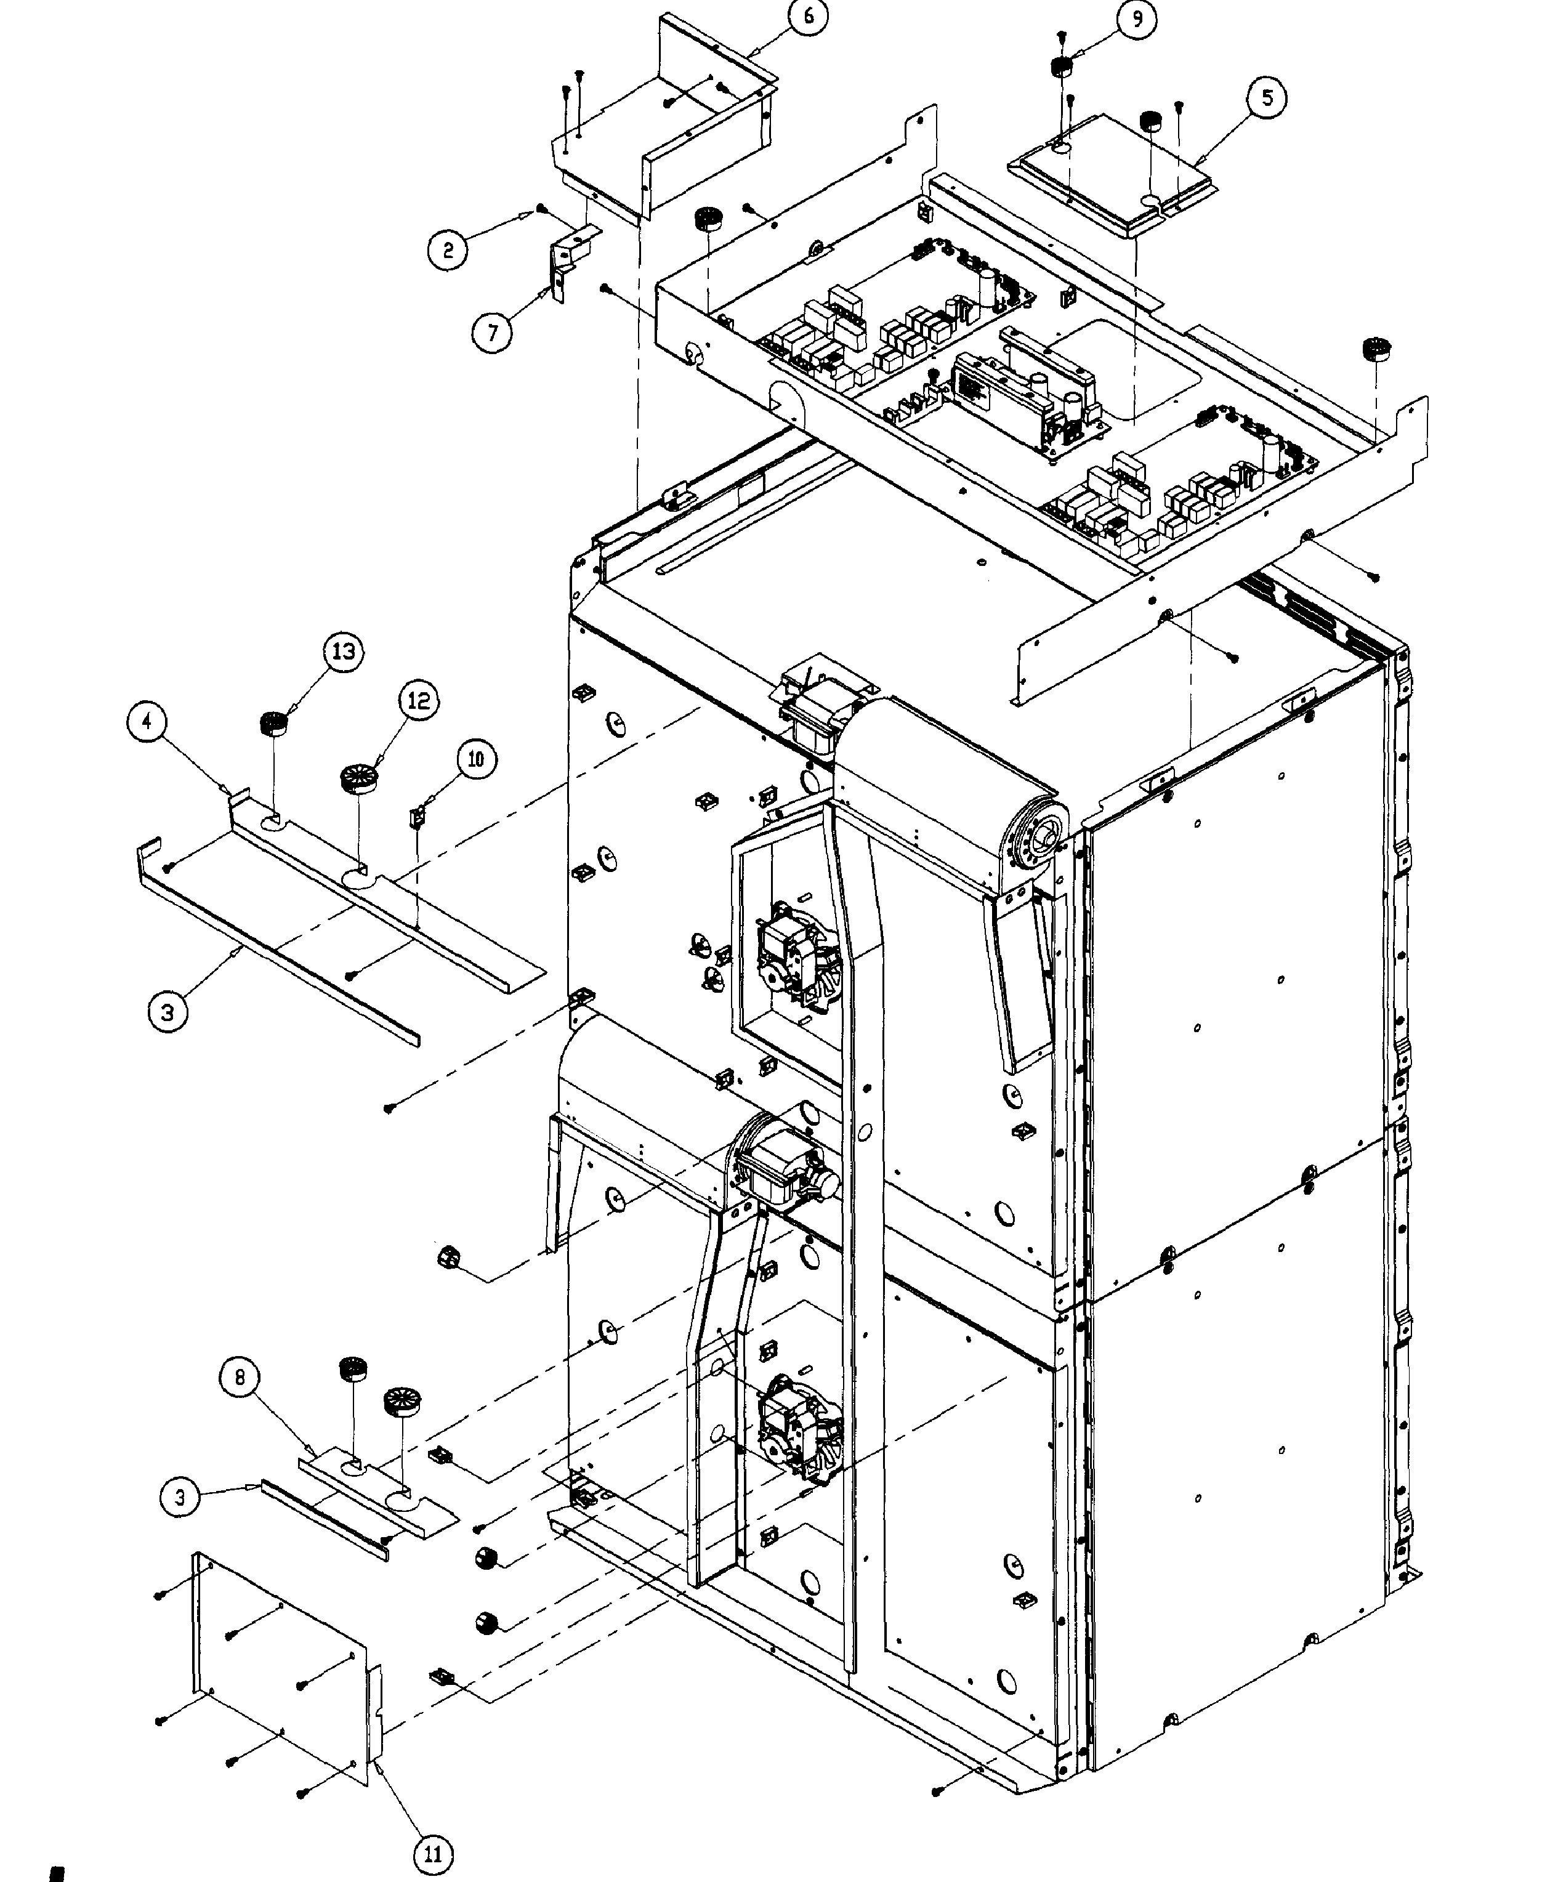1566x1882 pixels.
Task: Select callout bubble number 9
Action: click(1137, 19)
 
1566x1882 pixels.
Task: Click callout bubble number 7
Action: click(492, 333)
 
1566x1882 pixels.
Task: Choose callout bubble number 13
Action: click(344, 652)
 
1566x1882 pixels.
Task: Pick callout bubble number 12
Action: click(419, 700)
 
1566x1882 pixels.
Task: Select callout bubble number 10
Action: click(476, 759)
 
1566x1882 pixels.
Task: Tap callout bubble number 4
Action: click(147, 721)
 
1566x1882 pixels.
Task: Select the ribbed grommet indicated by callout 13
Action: click(273, 722)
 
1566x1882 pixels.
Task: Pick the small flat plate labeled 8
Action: click(376, 1494)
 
